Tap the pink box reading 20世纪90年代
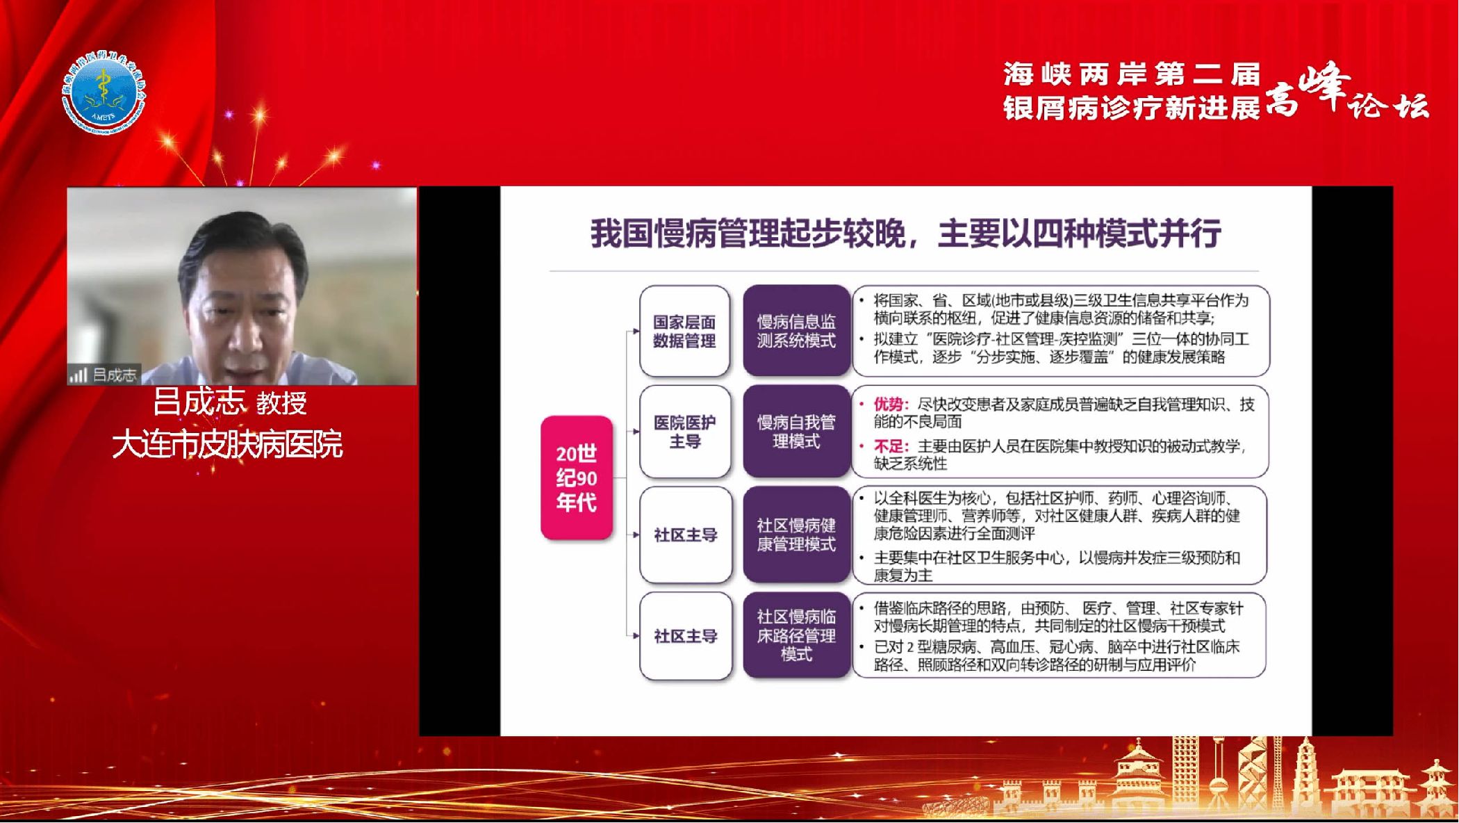[x=577, y=478]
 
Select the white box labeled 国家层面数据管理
[x=684, y=332]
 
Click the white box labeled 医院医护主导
[x=685, y=432]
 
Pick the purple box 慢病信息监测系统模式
[x=796, y=331]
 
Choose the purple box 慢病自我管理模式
[x=796, y=432]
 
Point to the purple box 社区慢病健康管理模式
[x=796, y=535]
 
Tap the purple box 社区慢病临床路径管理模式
[x=796, y=635]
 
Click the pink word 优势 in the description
[x=888, y=405]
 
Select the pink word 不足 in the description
[x=888, y=446]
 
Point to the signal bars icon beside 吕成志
[x=78, y=375]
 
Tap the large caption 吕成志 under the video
[x=199, y=402]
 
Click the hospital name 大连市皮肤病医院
[x=227, y=445]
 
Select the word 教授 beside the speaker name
[x=281, y=403]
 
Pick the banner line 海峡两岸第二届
[x=1131, y=74]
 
